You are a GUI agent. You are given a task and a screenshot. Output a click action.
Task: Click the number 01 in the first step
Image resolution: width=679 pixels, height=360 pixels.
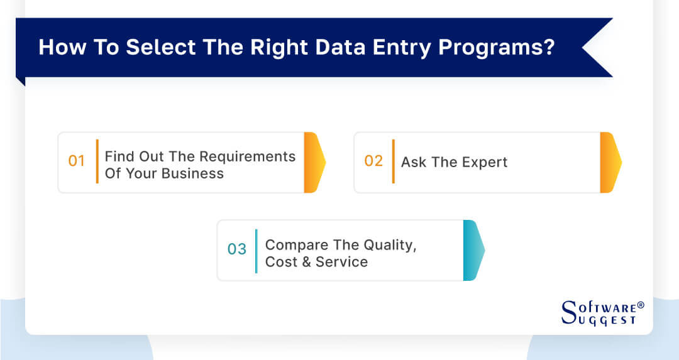pos(76,161)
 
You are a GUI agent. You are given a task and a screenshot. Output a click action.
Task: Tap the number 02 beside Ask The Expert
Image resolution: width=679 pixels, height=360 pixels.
pos(373,161)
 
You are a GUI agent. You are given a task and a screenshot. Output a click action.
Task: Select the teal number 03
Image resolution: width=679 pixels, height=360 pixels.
pos(237,249)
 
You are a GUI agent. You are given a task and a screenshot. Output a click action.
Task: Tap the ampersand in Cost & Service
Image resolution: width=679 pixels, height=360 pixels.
pos(306,262)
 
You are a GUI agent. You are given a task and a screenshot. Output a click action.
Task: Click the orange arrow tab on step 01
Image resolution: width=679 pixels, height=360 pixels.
pos(314,162)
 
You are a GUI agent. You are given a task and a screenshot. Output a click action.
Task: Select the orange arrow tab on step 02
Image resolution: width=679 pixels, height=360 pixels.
pos(610,162)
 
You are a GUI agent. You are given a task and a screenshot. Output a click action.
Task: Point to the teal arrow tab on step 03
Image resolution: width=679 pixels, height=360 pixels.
pos(473,250)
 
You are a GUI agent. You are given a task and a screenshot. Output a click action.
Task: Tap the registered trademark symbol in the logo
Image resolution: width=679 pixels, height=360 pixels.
pos(641,305)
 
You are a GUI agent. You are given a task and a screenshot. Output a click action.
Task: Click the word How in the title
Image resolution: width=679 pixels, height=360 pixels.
pos(58,48)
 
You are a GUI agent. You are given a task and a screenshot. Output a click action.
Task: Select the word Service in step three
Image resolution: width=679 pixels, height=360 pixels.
pos(342,262)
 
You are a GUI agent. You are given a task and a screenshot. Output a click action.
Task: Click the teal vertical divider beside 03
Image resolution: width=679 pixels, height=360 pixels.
pos(256,250)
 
